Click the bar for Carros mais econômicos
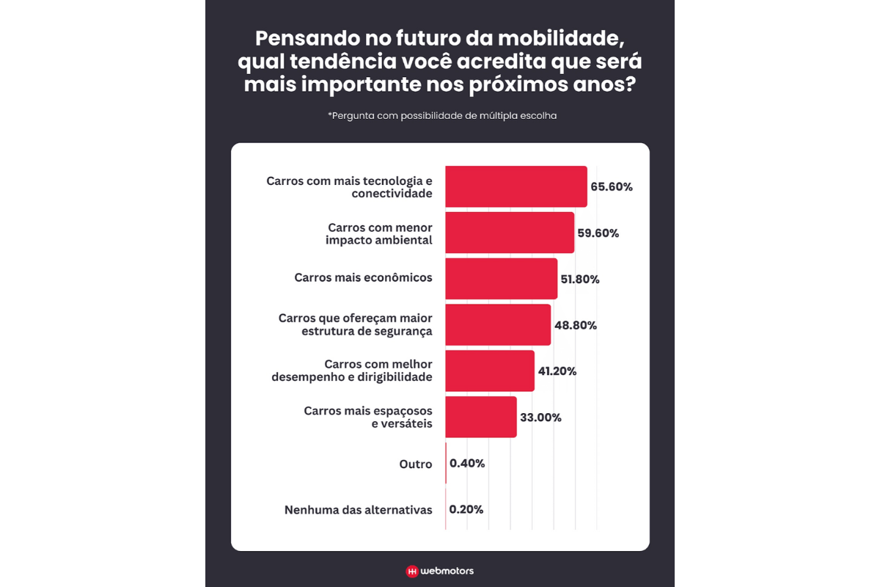[501, 279]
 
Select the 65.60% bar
[516, 186]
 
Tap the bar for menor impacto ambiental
[509, 233]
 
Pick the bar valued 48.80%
[497, 325]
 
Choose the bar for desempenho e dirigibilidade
[489, 371]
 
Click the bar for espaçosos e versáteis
[480, 418]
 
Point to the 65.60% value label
[612, 187]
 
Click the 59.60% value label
[598, 233]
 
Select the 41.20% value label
[557, 371]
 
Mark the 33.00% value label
[540, 418]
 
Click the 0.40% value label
[467, 464]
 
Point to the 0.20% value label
[466, 510]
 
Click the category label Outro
[416, 464]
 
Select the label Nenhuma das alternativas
[359, 510]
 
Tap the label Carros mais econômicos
[363, 278]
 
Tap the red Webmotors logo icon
[412, 571]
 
